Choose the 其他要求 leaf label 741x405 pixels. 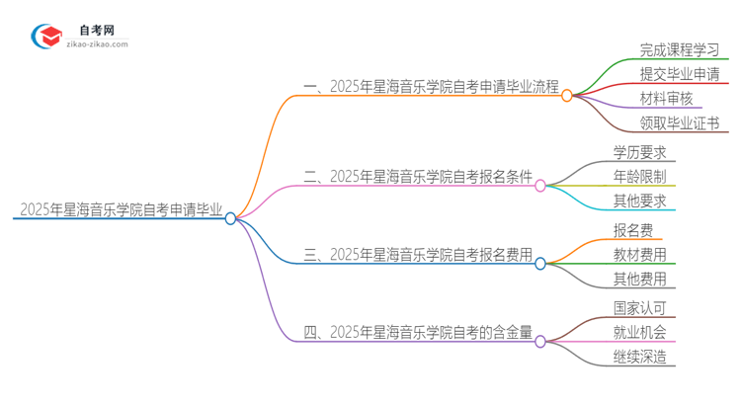tap(639, 201)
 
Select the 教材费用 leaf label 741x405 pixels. tap(639, 254)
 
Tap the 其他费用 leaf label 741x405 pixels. tap(639, 279)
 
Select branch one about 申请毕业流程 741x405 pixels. tap(432, 88)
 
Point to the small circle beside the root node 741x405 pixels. tap(230, 218)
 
